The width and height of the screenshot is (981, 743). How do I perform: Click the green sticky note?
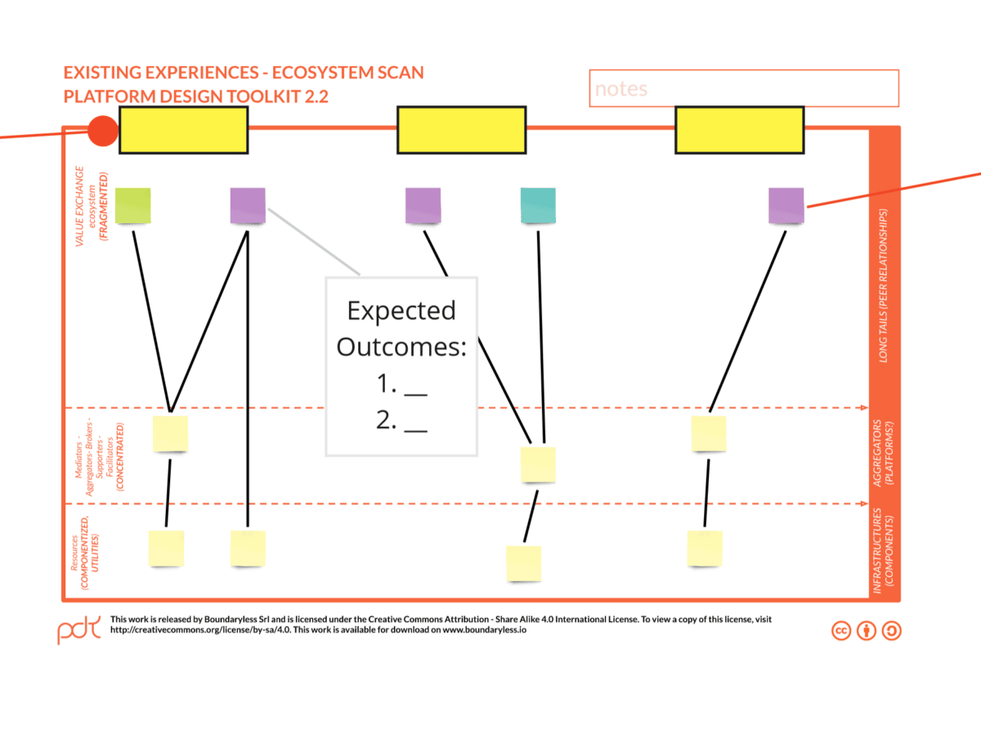132,205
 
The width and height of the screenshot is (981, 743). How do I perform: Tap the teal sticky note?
538,205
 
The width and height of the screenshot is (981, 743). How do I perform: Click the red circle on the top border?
103,131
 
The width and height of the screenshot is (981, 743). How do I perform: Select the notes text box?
743,88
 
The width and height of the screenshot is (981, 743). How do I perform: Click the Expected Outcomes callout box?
401,365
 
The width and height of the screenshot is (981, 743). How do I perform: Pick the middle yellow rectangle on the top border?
461,130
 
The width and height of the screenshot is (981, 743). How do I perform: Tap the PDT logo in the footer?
78,629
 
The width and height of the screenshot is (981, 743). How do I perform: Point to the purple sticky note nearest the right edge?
786,205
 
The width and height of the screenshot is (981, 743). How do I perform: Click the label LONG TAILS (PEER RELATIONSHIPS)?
884,285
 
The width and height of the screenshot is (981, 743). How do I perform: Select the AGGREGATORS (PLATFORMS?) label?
883,454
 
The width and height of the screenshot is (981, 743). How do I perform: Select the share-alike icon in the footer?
892,630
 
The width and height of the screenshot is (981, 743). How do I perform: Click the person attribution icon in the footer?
867,630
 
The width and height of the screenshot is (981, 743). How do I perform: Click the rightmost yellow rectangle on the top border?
739,130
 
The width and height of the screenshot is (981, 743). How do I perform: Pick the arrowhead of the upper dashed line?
862,407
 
